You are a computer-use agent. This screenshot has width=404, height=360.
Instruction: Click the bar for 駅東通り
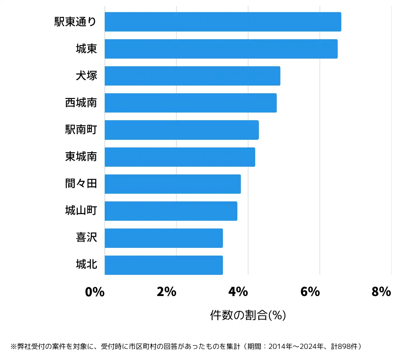(x=223, y=22)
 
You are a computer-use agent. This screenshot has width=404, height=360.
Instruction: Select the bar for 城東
(x=221, y=49)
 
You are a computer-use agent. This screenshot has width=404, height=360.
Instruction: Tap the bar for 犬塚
(x=192, y=76)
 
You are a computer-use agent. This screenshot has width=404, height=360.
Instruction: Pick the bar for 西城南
(x=191, y=103)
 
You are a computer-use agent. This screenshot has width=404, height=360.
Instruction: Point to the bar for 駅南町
(x=181, y=130)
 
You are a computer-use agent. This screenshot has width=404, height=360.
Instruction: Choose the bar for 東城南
(x=180, y=157)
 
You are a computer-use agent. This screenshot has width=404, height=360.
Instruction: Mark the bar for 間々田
(x=173, y=184)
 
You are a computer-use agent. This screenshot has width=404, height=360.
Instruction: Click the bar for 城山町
(x=171, y=211)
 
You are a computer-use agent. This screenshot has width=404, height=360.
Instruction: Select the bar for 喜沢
(x=164, y=238)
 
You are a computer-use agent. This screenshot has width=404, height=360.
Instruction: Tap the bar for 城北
(x=164, y=265)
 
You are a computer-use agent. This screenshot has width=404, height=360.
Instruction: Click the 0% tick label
(x=95, y=292)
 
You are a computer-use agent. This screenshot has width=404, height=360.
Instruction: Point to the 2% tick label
(x=167, y=292)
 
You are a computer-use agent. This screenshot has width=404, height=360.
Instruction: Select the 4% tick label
(x=238, y=292)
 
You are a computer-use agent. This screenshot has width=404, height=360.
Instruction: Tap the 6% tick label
(x=310, y=292)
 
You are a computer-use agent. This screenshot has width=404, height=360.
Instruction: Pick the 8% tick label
(x=381, y=292)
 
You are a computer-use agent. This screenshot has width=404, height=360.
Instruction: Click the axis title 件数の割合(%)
(x=248, y=315)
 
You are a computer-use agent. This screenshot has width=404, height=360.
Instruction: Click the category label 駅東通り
(x=76, y=22)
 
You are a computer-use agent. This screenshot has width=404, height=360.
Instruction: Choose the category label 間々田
(x=81, y=184)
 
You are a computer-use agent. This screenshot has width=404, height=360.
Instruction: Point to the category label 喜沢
(x=87, y=238)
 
